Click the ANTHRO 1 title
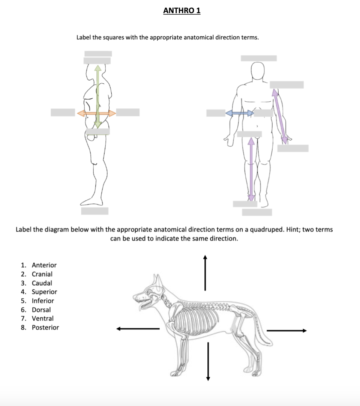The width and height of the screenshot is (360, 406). (182, 11)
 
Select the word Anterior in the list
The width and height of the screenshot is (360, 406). (44, 265)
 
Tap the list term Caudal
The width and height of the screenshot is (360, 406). (42, 283)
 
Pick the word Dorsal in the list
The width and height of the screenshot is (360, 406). (41, 310)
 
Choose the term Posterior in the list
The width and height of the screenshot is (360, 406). (45, 327)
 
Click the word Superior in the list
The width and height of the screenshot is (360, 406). (44, 292)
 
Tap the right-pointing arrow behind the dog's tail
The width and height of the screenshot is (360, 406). (286, 331)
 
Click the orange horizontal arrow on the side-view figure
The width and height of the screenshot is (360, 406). (97, 113)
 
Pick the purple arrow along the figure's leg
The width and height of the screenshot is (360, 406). (251, 169)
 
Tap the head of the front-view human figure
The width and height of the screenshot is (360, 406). (258, 71)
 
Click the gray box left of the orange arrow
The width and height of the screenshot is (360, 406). (63, 113)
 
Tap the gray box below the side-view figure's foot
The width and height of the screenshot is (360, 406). (95, 211)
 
